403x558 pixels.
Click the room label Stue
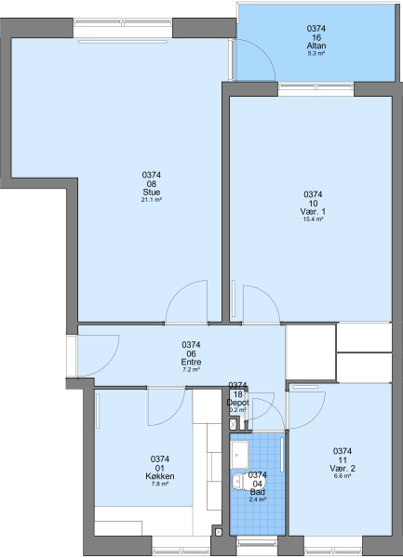[x=152, y=193]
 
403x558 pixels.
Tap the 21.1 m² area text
[x=152, y=200]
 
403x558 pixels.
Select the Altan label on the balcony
[x=316, y=46]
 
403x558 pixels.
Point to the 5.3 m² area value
[x=316, y=54]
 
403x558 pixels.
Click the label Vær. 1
[x=313, y=212]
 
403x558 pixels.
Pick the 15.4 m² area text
[x=313, y=219]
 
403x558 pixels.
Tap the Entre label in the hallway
[x=191, y=362]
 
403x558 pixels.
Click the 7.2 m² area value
[x=191, y=370]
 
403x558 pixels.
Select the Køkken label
[x=160, y=476]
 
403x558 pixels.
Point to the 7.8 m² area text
[x=160, y=484]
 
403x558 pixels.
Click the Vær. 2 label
[x=343, y=469]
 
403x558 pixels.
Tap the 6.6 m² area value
[x=343, y=476]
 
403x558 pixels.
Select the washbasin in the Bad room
[x=239, y=455]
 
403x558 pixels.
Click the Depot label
[x=238, y=403]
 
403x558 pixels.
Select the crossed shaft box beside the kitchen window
[x=218, y=532]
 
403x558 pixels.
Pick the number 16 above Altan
[x=316, y=37]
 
